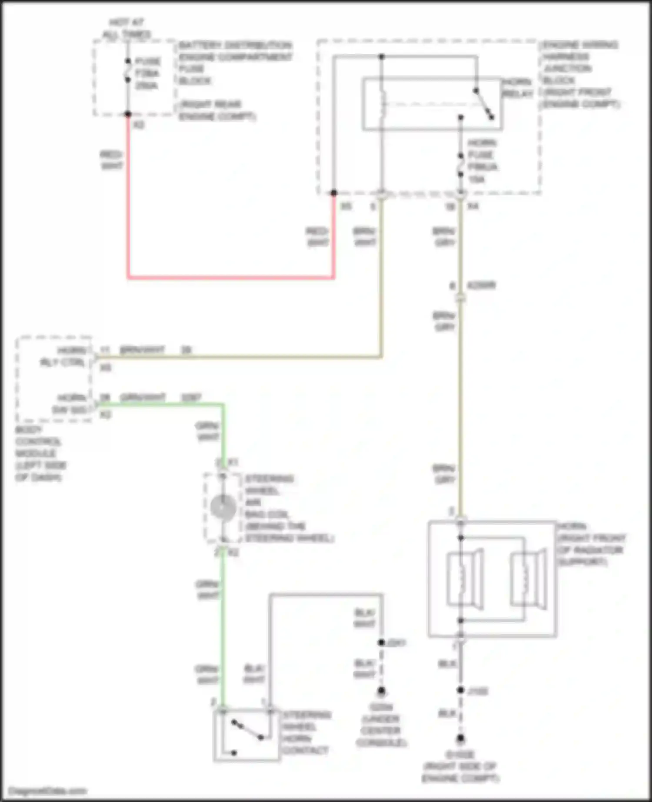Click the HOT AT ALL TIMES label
pos(126,28)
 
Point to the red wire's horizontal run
pos(230,277)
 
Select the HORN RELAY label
pos(517,88)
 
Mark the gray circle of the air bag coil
pos(223,507)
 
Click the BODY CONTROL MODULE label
pos(40,453)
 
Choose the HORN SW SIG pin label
pos(70,404)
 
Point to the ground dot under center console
pos(381,690)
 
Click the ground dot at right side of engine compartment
pos(460,738)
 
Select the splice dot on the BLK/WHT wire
pos(381,642)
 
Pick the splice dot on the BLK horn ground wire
pos(460,690)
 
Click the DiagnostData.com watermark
pos(48,791)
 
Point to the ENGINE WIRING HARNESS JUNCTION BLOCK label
pos(580,74)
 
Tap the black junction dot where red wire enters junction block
pos(333,193)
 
